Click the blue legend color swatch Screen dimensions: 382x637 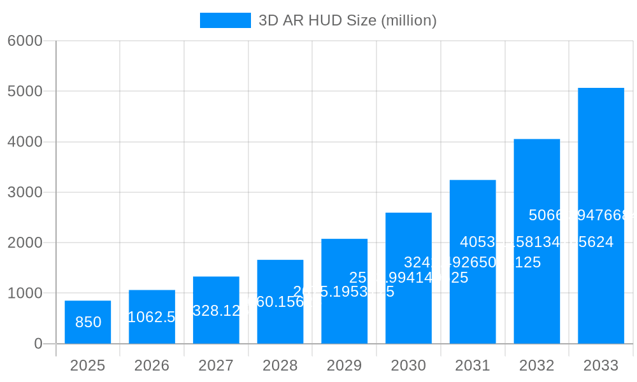pyautogui.click(x=225, y=20)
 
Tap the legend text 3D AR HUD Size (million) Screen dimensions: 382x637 pyautogui.click(x=347, y=20)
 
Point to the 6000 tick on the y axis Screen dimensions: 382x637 pyautogui.click(x=25, y=41)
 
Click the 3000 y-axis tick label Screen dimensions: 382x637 pyautogui.click(x=25, y=192)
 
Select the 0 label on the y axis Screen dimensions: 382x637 pyautogui.click(x=38, y=344)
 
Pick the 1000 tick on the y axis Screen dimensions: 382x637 pyautogui.click(x=25, y=294)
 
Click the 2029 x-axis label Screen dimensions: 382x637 pyautogui.click(x=345, y=365)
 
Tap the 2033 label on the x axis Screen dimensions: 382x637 pyautogui.click(x=601, y=365)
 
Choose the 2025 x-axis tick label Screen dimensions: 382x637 pyautogui.click(x=88, y=365)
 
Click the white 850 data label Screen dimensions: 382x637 pyautogui.click(x=88, y=322)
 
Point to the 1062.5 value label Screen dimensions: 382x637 pyautogui.click(x=152, y=317)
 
